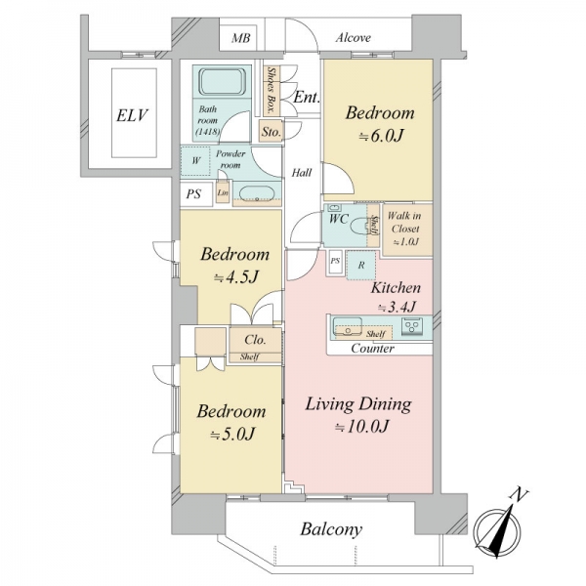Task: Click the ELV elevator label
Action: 132,115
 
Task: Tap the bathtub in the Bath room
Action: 222,82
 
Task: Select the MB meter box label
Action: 240,38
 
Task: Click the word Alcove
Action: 354,38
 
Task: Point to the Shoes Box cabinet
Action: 272,90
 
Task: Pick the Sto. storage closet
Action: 271,131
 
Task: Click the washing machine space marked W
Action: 195,161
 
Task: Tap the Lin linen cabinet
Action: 223,192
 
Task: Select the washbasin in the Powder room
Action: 257,193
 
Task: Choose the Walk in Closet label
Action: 405,229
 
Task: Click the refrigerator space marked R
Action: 361,266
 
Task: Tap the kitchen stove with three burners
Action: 412,326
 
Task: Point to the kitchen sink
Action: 347,326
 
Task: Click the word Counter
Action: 373,349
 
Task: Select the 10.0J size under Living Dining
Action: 361,427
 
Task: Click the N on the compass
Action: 518,495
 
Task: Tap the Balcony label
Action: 331,529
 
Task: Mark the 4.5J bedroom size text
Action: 236,277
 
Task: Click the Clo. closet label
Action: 255,340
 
